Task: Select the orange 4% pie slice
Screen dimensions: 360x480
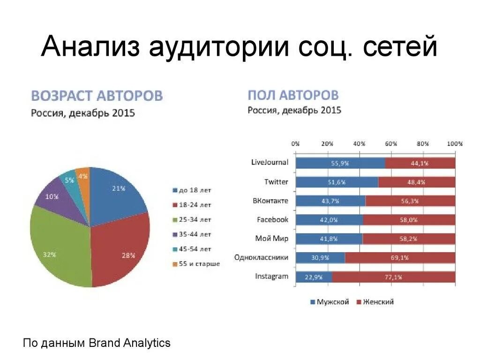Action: coord(83,177)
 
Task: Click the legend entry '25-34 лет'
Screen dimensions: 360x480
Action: coord(192,219)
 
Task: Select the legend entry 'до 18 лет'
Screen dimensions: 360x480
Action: coord(192,190)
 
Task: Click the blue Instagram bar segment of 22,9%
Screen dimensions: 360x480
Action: coord(314,277)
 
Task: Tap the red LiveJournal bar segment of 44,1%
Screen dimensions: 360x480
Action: coord(420,163)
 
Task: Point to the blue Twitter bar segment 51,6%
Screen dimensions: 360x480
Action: coord(337,182)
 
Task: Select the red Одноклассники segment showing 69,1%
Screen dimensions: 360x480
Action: coord(400,258)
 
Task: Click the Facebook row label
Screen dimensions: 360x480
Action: coord(272,219)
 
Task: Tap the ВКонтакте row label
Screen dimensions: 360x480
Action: coord(270,201)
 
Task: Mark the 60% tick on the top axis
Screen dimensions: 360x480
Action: coord(391,144)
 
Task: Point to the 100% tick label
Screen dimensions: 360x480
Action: coord(454,144)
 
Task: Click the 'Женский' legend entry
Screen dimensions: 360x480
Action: coord(375,302)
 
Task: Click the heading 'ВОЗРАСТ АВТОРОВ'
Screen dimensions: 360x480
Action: coord(97,96)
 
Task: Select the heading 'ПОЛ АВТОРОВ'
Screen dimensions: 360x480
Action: coord(293,95)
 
